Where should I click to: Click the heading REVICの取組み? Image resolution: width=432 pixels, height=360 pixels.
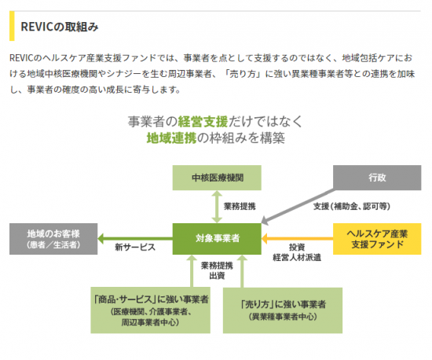60,27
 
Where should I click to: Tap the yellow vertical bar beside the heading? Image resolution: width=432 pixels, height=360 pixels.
12,26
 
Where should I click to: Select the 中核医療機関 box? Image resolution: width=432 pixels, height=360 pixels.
217,178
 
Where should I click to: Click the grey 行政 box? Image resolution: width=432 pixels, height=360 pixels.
377,178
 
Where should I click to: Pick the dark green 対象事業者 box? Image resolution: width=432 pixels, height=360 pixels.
217,239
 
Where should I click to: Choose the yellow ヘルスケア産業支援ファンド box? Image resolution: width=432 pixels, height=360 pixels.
377,239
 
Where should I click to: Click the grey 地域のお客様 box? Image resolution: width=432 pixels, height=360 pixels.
53,239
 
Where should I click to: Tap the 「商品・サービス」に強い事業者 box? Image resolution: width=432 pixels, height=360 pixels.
151,310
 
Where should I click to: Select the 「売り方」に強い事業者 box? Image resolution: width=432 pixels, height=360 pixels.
283,310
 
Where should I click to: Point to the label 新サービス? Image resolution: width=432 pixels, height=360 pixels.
135,248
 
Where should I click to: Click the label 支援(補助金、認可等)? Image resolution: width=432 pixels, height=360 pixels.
352,206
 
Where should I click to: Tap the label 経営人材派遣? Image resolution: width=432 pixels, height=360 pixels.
297,258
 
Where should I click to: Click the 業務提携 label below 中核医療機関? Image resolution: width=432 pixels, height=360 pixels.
240,206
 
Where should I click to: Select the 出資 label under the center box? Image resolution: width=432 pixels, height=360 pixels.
217,276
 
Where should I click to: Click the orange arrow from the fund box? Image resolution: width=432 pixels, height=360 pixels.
297,239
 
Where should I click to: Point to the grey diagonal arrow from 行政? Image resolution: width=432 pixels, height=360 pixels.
298,207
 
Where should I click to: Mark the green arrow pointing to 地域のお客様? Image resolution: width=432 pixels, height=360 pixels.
135,239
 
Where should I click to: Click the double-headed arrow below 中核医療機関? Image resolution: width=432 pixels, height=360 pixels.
217,207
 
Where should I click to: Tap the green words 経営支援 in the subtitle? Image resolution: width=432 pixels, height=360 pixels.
203,122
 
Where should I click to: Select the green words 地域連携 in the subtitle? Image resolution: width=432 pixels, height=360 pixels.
171,138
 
